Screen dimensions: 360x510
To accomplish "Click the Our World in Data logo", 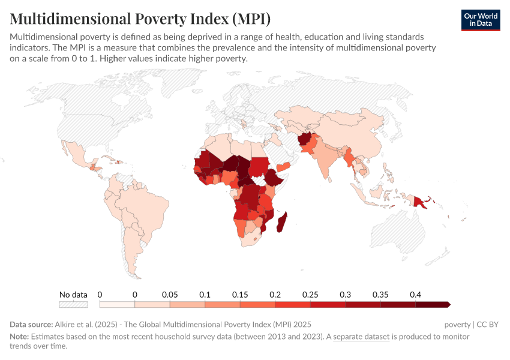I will coord(480,20).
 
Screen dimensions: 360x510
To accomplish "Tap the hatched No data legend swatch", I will coord(73,304).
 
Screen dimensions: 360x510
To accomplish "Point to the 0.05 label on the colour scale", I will coord(170,295).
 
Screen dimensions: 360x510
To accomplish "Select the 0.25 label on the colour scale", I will coord(310,295).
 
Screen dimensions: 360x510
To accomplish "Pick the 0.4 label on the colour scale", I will coord(415,295).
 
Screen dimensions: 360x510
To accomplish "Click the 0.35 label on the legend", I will coord(380,295).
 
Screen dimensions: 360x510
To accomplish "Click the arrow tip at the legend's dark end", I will coord(448,304).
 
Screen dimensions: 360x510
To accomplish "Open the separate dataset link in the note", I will coord(361,337).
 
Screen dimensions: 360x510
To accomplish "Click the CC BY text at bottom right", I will coord(487,325).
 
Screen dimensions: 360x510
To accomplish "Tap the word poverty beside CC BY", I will coord(458,325).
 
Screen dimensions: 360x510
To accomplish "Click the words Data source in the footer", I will coord(31,325).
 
